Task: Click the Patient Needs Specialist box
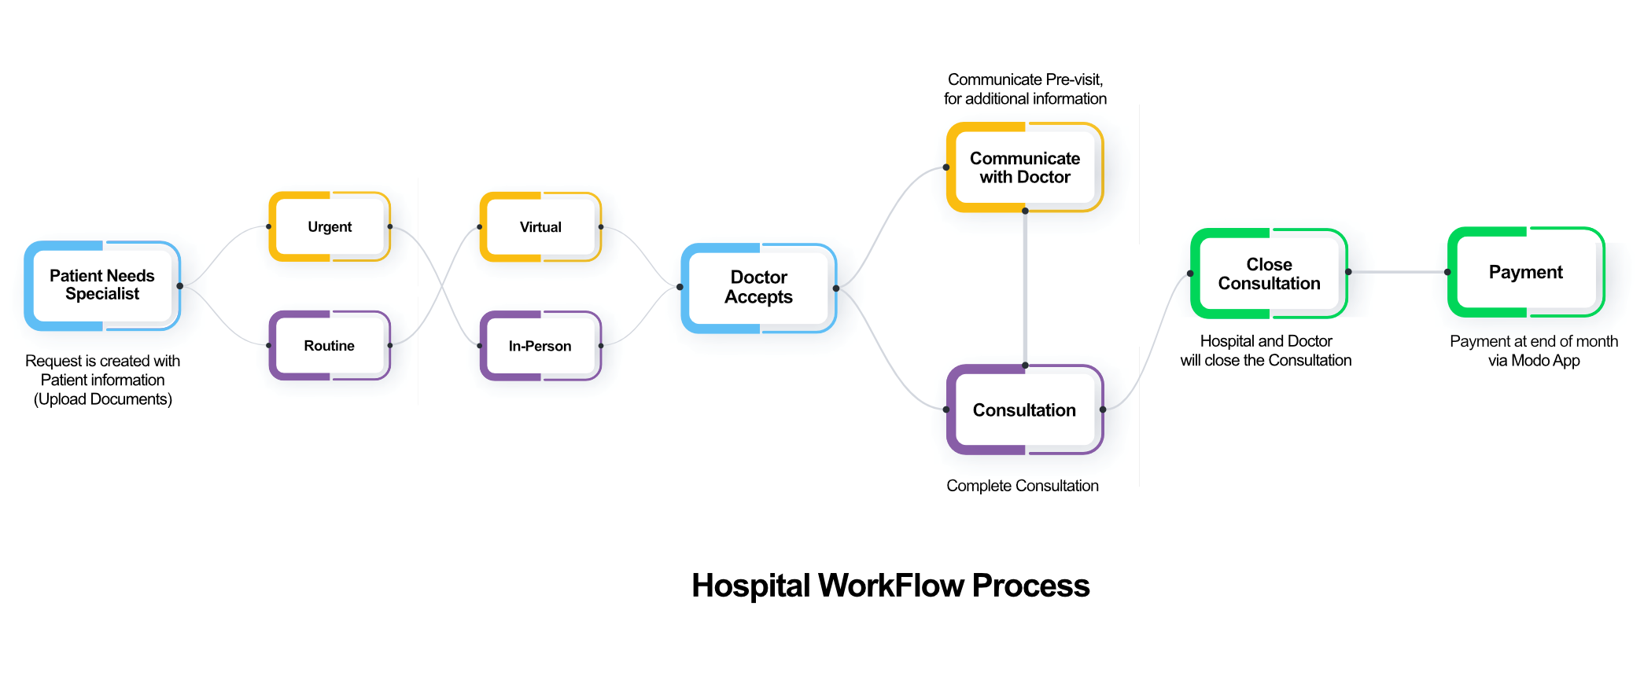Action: coord(102,285)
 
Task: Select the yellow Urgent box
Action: coord(330,227)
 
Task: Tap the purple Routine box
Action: coord(330,346)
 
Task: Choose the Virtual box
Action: coord(540,227)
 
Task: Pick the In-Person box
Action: coord(540,346)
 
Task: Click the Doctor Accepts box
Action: coord(758,288)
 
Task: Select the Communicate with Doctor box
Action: coord(1024,167)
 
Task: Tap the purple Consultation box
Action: coord(1024,410)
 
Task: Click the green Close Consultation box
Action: coord(1269,274)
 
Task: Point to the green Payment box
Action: coord(1525,272)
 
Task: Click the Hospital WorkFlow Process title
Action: coord(890,586)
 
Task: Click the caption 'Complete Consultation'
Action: coord(1023,486)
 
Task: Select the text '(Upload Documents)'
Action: coord(103,399)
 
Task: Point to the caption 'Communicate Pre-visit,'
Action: coord(1025,79)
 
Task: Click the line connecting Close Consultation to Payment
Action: coord(1398,272)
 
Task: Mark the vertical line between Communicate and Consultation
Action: coord(1025,288)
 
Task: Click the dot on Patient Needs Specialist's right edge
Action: coord(180,286)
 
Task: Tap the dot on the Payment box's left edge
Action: coord(1447,272)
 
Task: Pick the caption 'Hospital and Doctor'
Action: coord(1266,341)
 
